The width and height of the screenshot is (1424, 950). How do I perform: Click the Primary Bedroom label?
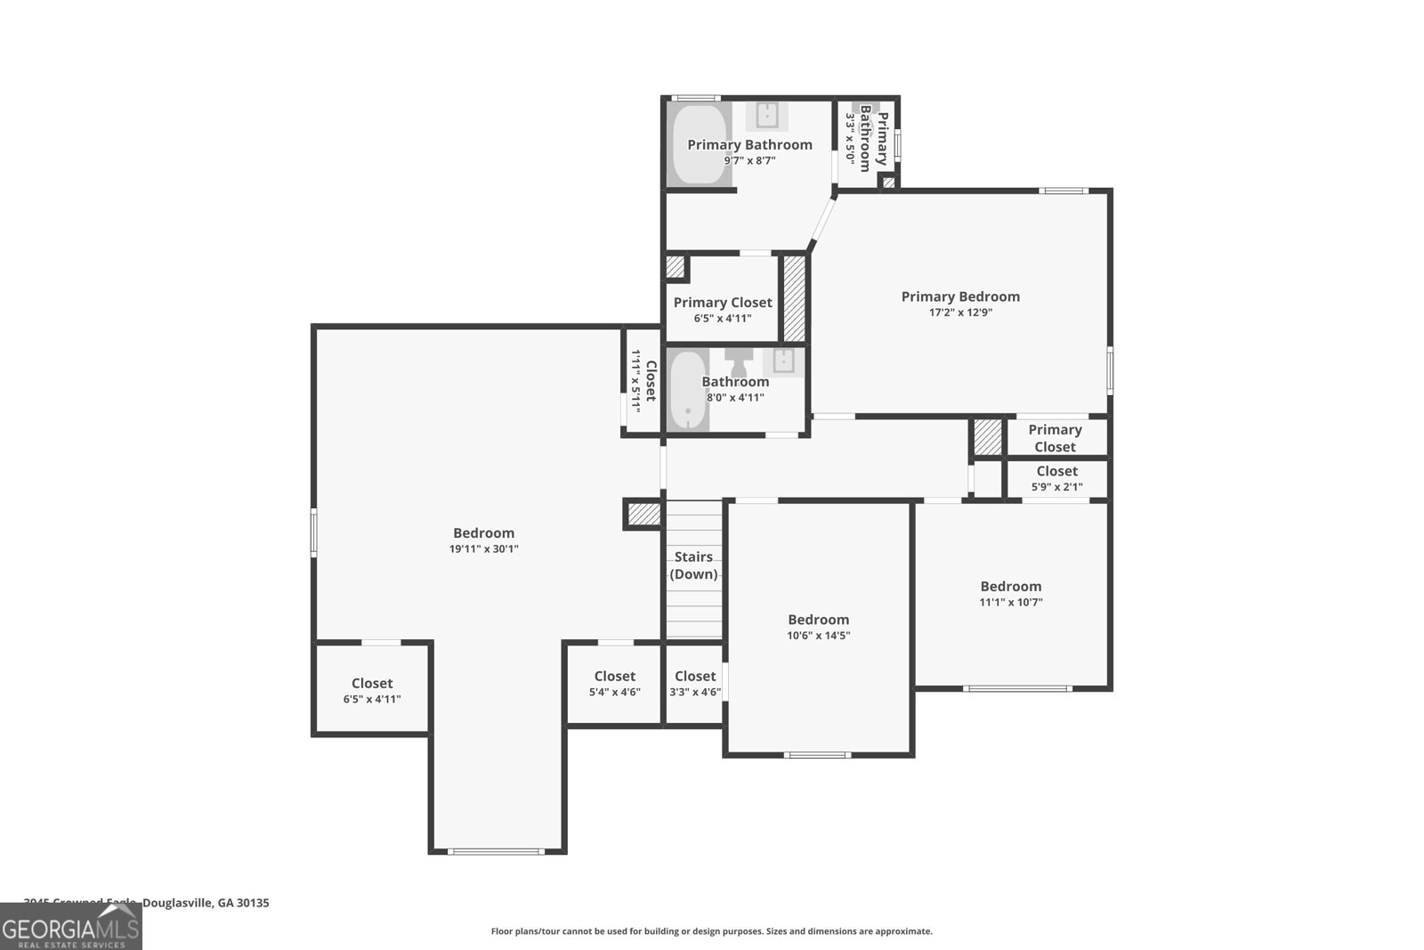point(960,296)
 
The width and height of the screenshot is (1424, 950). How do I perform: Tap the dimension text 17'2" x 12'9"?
point(960,313)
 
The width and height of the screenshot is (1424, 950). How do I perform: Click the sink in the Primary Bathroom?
point(767,115)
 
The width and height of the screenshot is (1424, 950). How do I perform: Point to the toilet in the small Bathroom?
point(739,361)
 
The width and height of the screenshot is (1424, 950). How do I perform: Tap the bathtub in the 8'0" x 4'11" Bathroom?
point(687,390)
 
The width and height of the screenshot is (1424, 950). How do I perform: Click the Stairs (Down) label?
point(693,565)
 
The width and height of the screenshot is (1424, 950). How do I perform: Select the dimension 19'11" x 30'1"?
point(483,549)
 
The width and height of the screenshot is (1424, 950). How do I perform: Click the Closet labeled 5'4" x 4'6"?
point(614,684)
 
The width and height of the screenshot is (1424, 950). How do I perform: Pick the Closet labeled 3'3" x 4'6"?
point(694,684)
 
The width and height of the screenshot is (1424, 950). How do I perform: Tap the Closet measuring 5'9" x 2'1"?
point(1056,478)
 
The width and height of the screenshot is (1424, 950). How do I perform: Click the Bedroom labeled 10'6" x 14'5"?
point(818,627)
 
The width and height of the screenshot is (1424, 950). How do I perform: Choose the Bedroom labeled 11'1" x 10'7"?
point(1011,593)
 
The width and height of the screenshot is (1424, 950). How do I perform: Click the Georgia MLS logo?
point(70,927)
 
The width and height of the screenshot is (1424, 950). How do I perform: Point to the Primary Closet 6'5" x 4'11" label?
point(723,309)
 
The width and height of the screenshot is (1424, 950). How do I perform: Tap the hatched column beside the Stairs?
point(643,514)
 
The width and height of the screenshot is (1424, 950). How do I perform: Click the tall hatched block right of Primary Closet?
point(794,297)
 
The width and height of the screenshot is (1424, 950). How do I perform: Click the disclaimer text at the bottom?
point(711,931)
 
